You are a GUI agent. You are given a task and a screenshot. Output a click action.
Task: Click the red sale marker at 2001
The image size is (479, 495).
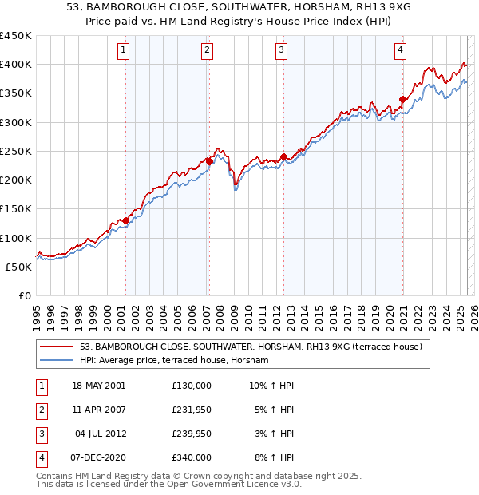(125, 220)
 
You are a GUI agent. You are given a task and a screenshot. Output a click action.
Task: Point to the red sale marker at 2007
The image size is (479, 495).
(208, 161)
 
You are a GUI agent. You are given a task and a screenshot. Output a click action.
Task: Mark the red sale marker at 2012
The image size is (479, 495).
(283, 156)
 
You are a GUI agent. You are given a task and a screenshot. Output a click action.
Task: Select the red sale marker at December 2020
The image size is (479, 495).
(402, 99)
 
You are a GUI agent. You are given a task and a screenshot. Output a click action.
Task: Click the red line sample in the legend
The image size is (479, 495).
(57, 347)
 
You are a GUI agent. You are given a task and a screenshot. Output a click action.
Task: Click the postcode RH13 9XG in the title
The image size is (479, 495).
(330, 8)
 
